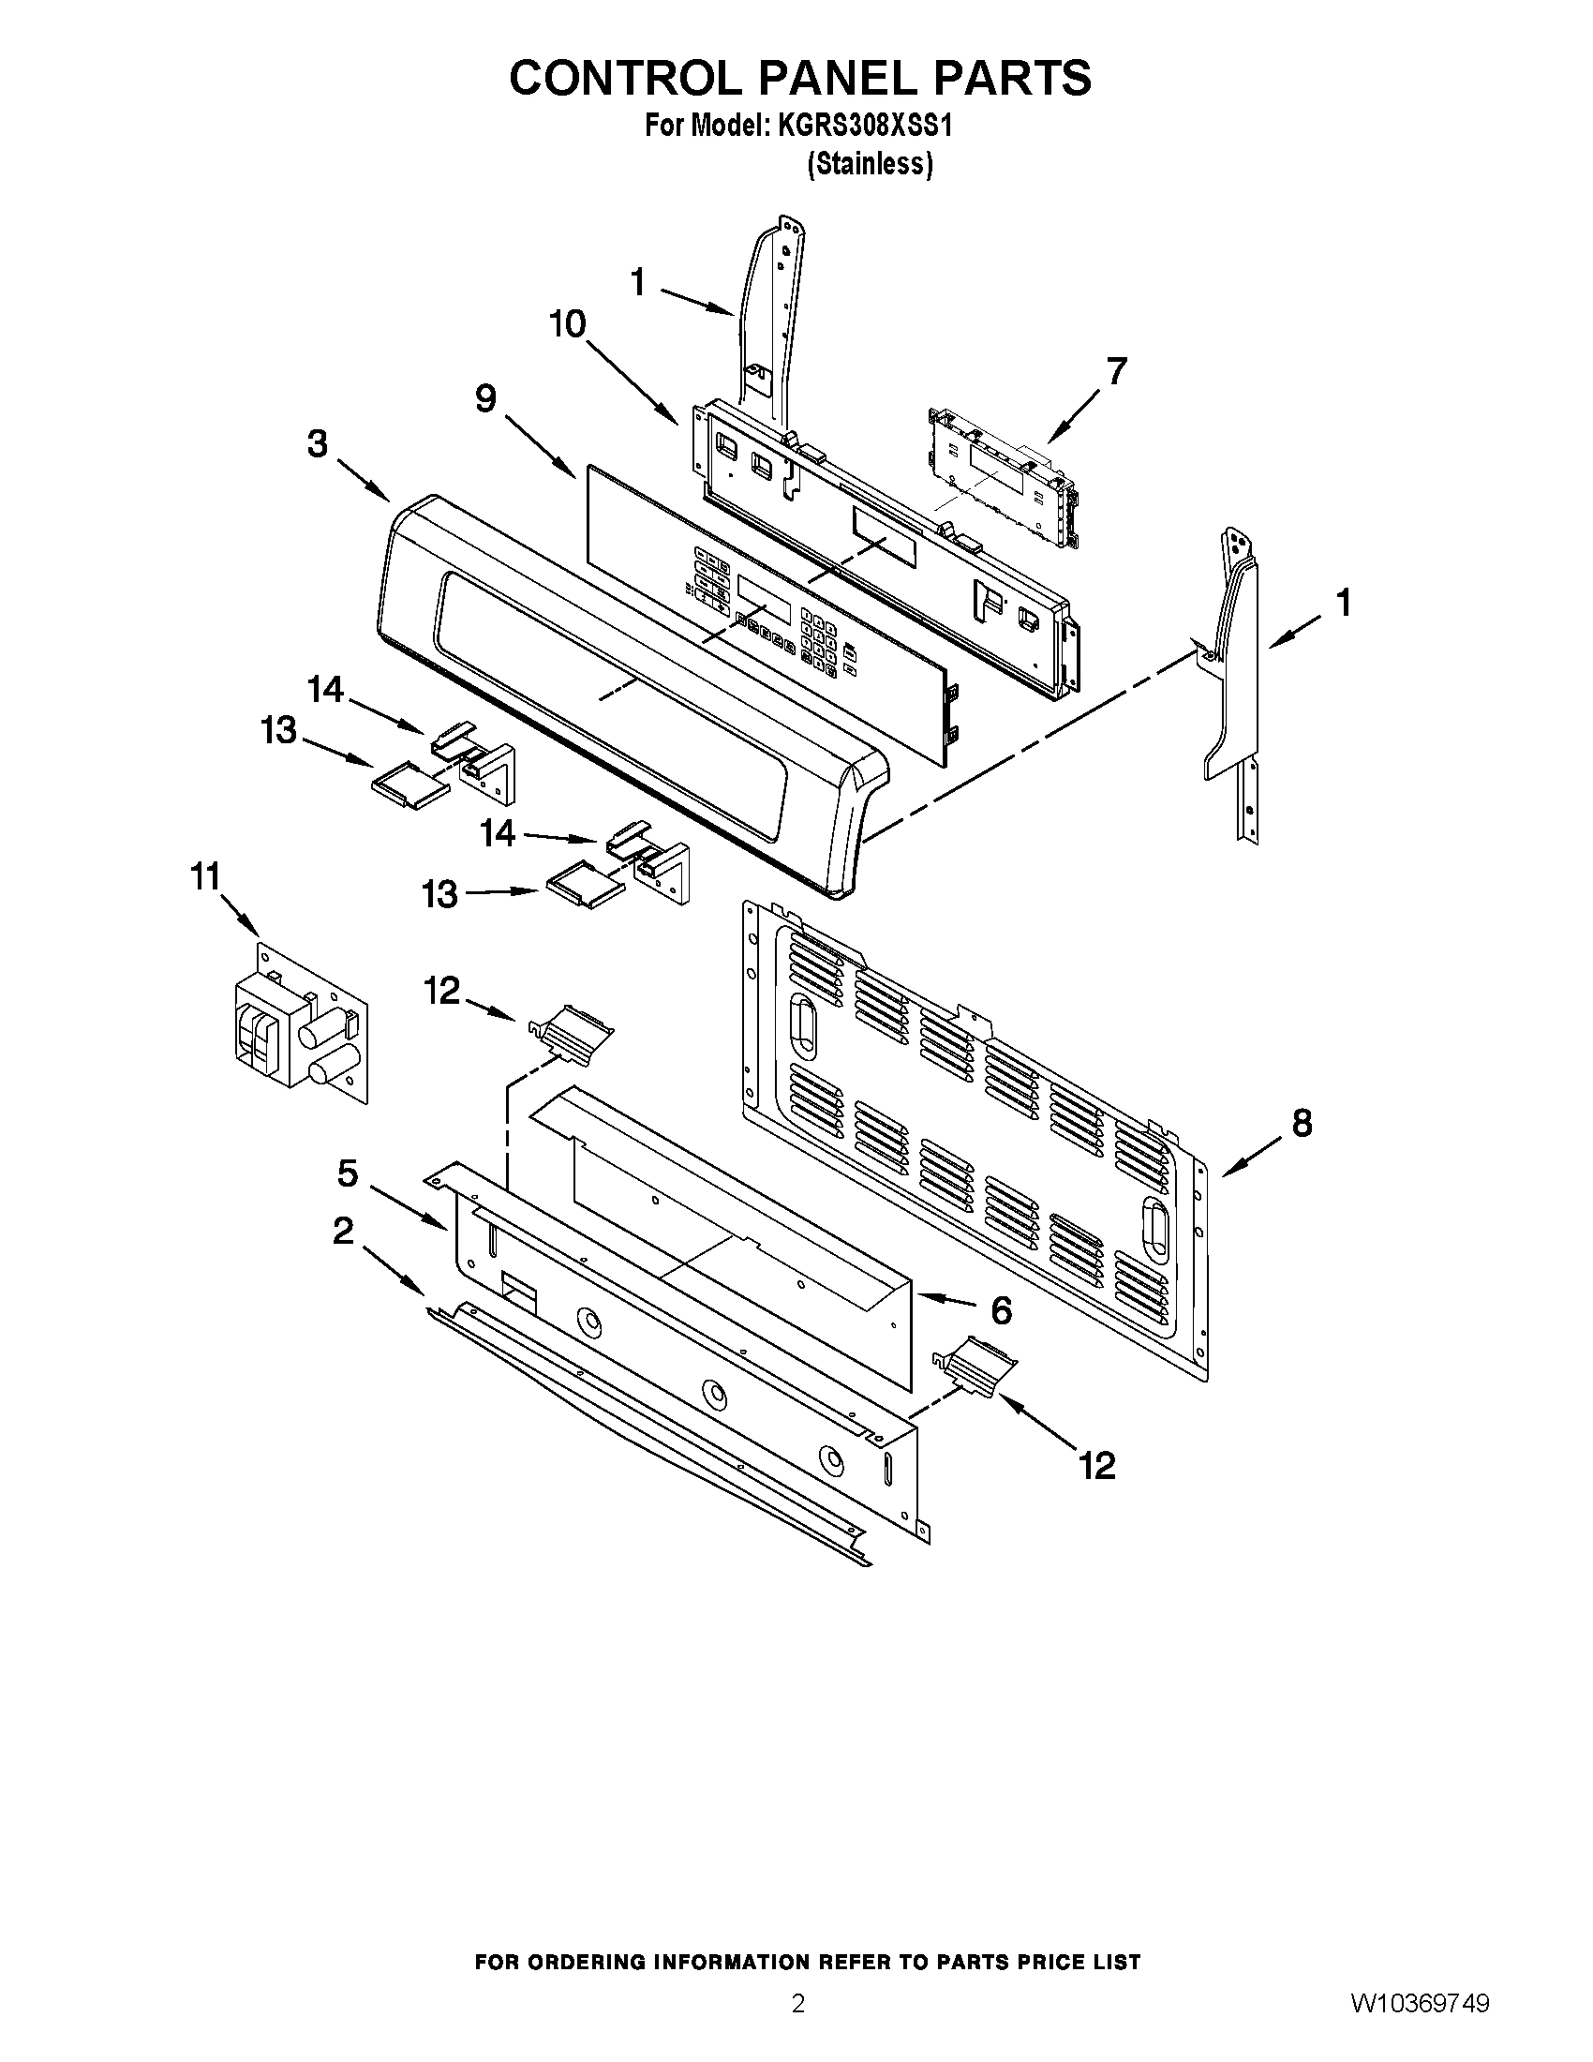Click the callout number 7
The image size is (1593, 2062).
click(x=1116, y=371)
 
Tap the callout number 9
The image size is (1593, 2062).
click(x=485, y=398)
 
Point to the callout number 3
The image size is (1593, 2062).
click(x=318, y=442)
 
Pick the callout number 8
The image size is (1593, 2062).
click(x=1302, y=1123)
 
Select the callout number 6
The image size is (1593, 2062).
click(x=1001, y=1309)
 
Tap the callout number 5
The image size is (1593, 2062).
click(x=348, y=1173)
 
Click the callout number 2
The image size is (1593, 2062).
click(x=343, y=1231)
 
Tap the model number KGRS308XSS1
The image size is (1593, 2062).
click(x=865, y=126)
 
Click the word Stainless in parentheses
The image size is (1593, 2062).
click(x=871, y=164)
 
